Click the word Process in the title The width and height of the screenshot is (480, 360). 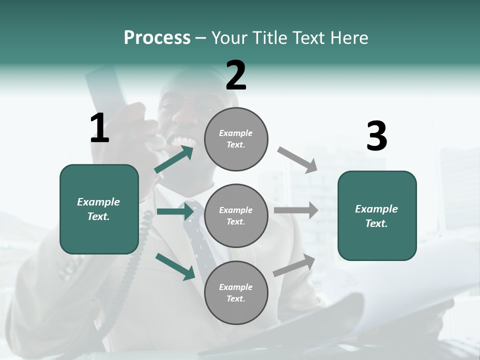pos(157,38)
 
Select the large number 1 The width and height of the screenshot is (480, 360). pos(99,128)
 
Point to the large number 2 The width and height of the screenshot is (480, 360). pos(236,75)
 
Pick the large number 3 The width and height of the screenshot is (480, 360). pos(376,136)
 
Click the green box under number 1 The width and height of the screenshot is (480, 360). pos(99,209)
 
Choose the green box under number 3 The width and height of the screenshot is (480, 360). pos(377,215)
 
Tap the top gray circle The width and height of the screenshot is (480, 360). pos(236,139)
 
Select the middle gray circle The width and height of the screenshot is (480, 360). pos(236,215)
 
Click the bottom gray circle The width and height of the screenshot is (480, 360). pos(236,292)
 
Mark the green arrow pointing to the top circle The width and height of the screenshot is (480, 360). pos(174,159)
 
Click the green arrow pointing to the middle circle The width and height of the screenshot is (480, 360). pos(175,211)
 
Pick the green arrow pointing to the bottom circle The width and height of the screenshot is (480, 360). pos(175,266)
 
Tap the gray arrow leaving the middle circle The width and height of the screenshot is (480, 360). pos(295,210)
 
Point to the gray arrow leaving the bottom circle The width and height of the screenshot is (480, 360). pos(294,265)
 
